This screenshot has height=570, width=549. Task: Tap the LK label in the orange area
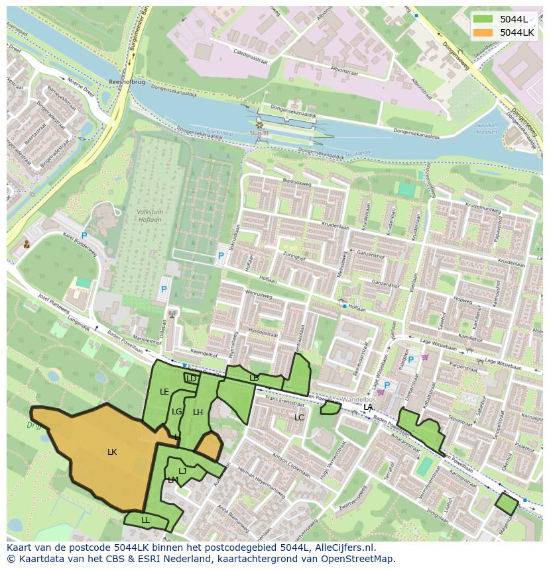tap(112, 452)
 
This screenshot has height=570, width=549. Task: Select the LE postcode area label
tap(164, 392)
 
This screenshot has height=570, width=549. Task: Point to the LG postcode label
tap(177, 412)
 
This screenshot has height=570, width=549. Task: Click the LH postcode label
tap(198, 412)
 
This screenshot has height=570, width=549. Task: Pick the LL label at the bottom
tap(145, 520)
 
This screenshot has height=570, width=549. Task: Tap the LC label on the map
tap(299, 418)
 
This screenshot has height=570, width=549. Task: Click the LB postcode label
tap(254, 378)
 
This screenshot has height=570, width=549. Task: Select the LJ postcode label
tap(182, 471)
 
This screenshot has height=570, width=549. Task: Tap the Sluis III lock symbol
tap(259, 124)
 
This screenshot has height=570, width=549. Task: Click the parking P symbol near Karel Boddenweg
tap(84, 236)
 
